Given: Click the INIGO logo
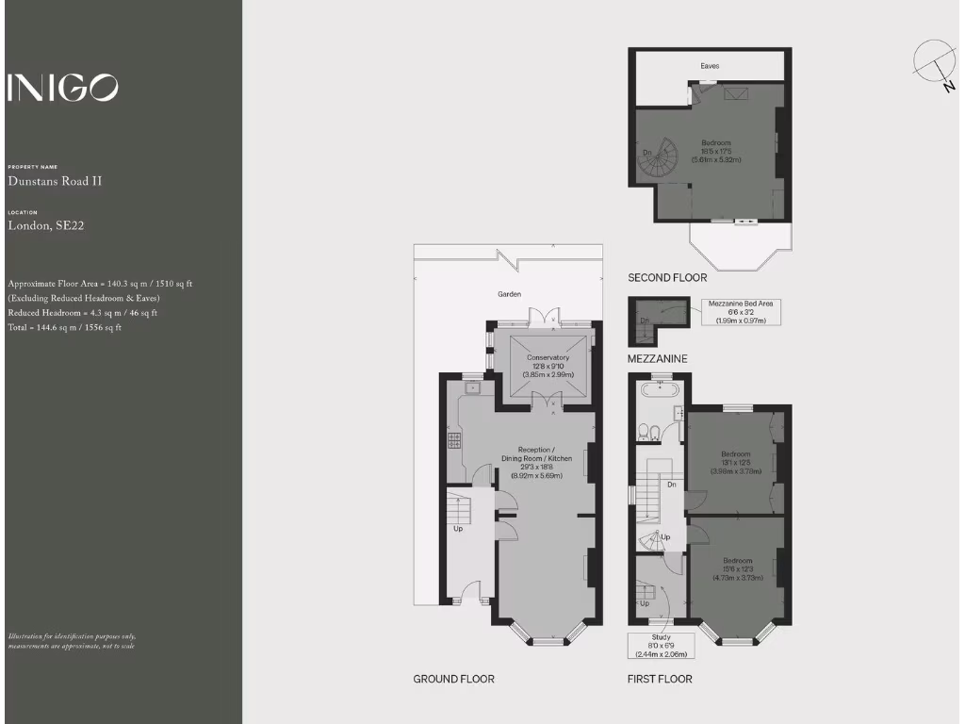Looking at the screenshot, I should pos(63,87).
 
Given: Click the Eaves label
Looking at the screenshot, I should pos(710,67).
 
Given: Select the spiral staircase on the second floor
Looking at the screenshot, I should pos(658,160).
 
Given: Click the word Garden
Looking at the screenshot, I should pos(509,294).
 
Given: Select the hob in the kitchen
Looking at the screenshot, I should pos(453,441).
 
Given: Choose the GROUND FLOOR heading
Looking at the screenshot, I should pos(453,679).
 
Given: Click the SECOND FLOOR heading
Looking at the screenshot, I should pos(667,278).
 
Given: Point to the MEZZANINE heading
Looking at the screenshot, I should pos(658,359).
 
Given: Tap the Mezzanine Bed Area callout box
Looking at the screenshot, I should pos(743,312).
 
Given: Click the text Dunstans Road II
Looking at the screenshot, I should pos(55,181).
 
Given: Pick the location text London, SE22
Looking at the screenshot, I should pos(46,225).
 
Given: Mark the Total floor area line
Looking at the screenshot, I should pos(64,327).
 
